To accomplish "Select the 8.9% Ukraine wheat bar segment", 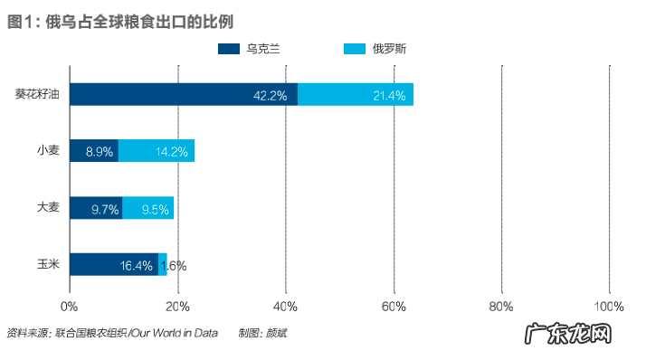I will (x=94, y=151).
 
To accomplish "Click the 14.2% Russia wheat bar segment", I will (x=157, y=151).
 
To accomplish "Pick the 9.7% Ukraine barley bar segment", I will (x=96, y=208).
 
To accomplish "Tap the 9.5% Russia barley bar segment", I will (x=147, y=208).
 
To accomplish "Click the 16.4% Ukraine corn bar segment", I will (x=114, y=264).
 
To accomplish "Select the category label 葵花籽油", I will (x=37, y=93).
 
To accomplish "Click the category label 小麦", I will (x=48, y=150).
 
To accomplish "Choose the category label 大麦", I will (x=48, y=207).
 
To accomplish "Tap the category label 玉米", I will (x=48, y=264).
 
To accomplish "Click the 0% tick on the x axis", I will (x=70, y=306).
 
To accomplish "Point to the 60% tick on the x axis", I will (x=394, y=306).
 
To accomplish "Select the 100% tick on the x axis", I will (x=608, y=306).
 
